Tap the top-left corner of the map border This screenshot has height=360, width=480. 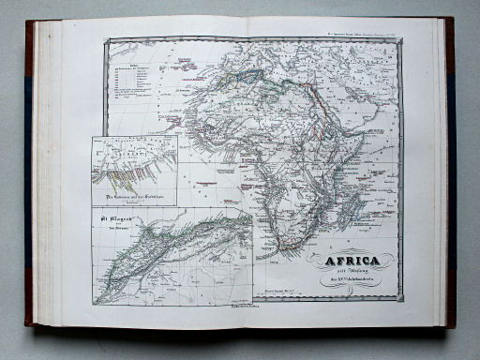tap(106, 39)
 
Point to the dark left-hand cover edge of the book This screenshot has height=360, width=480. tap(29, 178)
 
